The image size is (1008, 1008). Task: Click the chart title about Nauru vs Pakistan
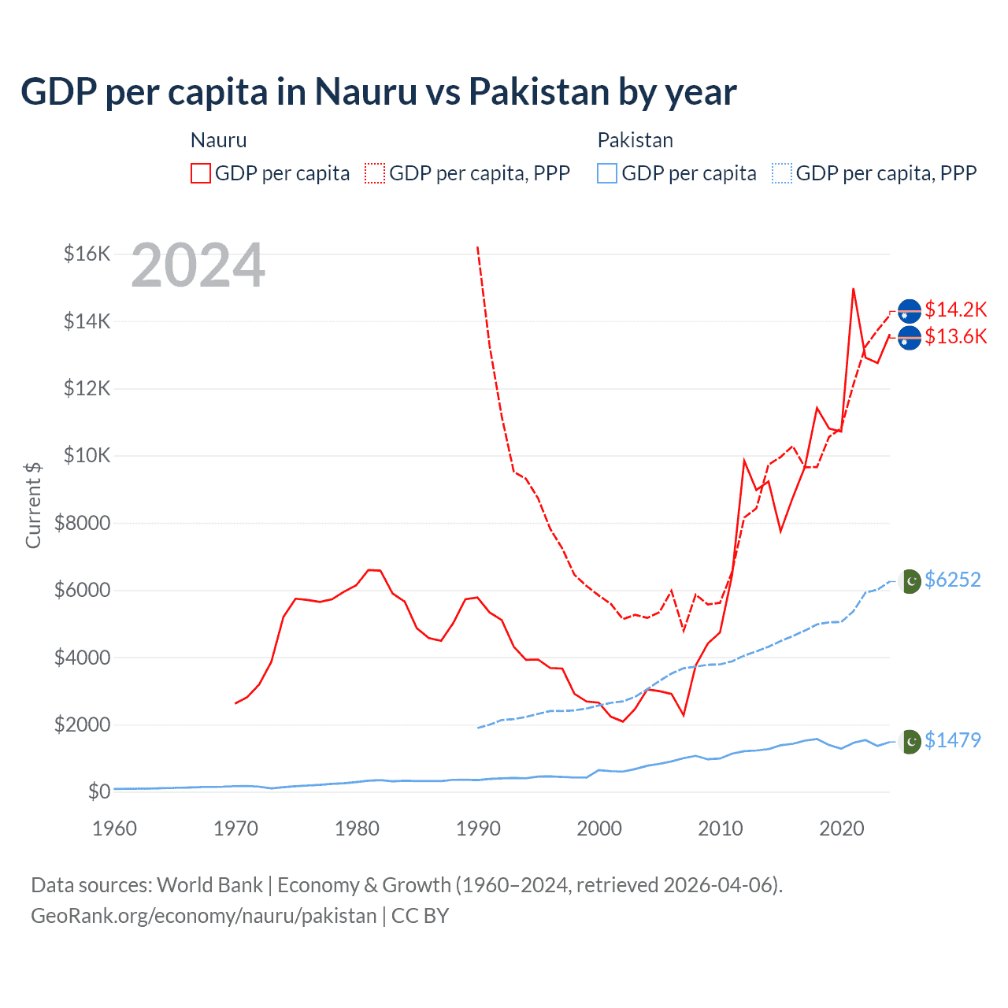[378, 92]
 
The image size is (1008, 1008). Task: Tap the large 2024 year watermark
[198, 265]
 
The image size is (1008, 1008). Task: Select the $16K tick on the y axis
[87, 254]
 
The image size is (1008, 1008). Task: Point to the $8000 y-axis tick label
[82, 523]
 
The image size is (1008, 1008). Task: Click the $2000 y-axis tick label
[82, 724]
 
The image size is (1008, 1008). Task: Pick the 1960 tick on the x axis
[114, 828]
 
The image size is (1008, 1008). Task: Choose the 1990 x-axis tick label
[478, 828]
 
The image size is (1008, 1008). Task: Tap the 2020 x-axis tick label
[842, 828]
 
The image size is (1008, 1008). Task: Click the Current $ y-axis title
[33, 505]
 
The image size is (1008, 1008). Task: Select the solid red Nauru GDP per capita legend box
[201, 173]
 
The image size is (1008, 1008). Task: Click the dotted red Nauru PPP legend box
[375, 173]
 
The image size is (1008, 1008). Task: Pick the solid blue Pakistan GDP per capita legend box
[607, 173]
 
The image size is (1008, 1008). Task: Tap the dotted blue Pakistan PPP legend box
[782, 173]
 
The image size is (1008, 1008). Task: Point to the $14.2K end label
[955, 309]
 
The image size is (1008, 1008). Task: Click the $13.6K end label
[955, 336]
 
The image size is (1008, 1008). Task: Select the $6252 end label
[953, 580]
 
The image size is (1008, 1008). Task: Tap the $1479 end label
[953, 740]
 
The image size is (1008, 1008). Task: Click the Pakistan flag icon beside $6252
[910, 581]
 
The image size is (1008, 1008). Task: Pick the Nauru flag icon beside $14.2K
[910, 311]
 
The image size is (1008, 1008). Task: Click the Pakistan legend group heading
[635, 140]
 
